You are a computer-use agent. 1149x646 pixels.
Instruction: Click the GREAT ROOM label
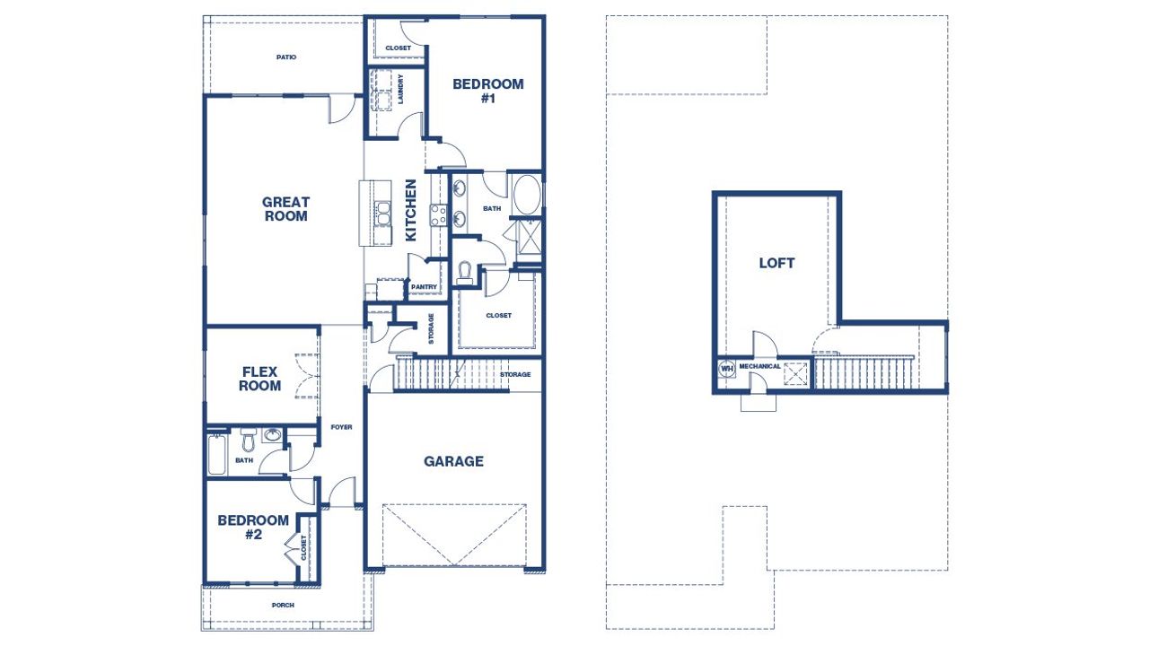tap(285, 209)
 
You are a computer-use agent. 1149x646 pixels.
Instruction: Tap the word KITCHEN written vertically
tap(411, 210)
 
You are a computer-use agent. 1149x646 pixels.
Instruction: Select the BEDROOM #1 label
tap(487, 91)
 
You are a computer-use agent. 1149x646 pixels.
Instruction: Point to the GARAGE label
tap(453, 461)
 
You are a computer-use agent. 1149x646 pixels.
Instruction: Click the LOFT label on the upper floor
tap(776, 264)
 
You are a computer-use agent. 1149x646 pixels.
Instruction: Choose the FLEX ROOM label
tap(260, 379)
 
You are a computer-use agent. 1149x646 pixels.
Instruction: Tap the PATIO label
tap(286, 57)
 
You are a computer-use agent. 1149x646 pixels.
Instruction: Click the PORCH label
tap(283, 605)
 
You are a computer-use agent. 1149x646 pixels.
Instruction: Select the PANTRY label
tap(424, 287)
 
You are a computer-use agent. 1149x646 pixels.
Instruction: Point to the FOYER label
tap(341, 427)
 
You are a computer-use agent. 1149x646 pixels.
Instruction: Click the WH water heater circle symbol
tap(726, 367)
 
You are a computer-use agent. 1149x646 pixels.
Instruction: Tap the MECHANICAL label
tap(759, 366)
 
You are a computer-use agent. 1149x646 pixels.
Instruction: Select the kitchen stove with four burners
tap(439, 215)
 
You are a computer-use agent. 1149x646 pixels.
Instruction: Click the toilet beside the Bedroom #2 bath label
tap(248, 441)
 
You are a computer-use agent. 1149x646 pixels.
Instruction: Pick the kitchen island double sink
tap(382, 214)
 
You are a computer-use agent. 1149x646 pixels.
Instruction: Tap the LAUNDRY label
tap(399, 88)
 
